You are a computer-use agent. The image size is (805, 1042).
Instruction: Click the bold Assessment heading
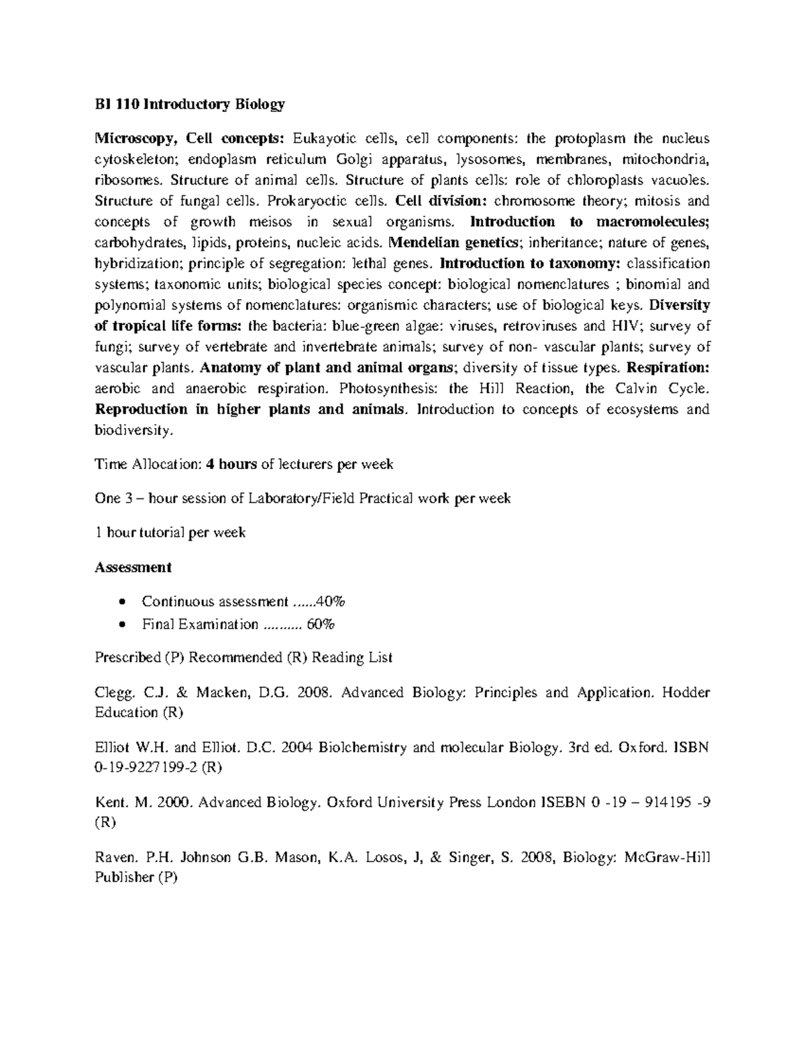133,568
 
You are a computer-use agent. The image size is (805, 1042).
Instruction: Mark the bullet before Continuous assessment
121,601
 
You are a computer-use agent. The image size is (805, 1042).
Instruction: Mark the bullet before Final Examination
121,625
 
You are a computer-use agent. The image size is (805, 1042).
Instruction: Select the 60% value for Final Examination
321,625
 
